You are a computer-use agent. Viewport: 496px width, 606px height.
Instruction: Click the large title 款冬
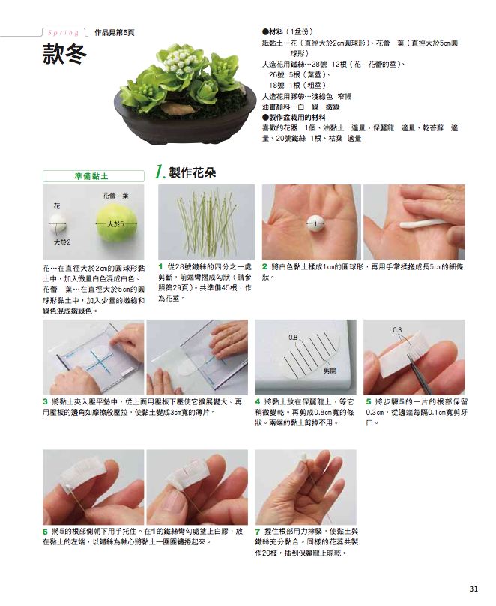click(x=64, y=54)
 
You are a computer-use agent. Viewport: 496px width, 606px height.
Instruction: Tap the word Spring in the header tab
click(x=63, y=33)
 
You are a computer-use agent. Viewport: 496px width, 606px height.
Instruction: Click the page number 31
click(x=474, y=589)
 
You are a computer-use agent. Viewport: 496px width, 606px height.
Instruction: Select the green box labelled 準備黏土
click(x=93, y=176)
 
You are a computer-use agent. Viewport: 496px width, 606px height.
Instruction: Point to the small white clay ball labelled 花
click(x=58, y=223)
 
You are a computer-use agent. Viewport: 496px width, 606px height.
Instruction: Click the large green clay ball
click(x=116, y=223)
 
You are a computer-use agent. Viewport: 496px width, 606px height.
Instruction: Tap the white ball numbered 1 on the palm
click(x=315, y=223)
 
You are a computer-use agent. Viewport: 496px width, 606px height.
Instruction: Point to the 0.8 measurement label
click(x=293, y=337)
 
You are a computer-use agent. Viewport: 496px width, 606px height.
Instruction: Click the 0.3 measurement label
click(x=397, y=330)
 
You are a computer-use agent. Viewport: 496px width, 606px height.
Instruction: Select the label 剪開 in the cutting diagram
click(x=330, y=370)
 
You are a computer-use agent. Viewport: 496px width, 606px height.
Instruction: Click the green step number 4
click(x=258, y=401)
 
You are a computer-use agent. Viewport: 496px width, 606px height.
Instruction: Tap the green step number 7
click(x=258, y=532)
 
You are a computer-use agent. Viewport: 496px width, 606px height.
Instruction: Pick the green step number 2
click(x=264, y=266)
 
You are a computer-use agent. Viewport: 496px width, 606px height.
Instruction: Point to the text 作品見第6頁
click(x=114, y=33)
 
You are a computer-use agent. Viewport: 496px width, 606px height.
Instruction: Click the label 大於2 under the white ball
click(x=62, y=242)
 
